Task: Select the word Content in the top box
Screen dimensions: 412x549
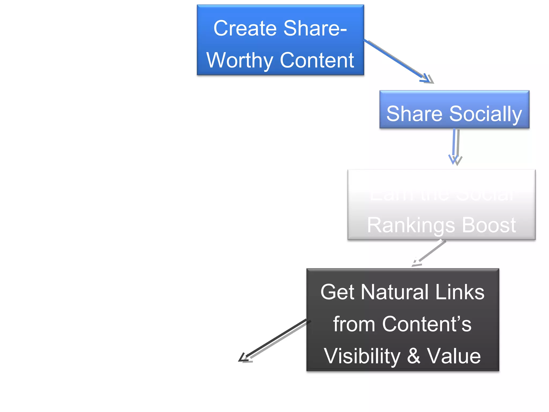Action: click(x=317, y=60)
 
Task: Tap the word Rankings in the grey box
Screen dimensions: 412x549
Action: click(x=411, y=225)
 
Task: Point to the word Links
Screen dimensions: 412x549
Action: click(x=460, y=292)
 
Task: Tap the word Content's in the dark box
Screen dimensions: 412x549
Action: click(x=426, y=324)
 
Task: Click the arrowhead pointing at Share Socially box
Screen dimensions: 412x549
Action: click(x=428, y=79)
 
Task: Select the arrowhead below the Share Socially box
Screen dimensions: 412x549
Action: click(x=455, y=160)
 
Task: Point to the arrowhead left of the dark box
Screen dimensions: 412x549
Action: click(x=244, y=359)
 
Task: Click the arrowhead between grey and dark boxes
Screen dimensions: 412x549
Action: click(x=416, y=263)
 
